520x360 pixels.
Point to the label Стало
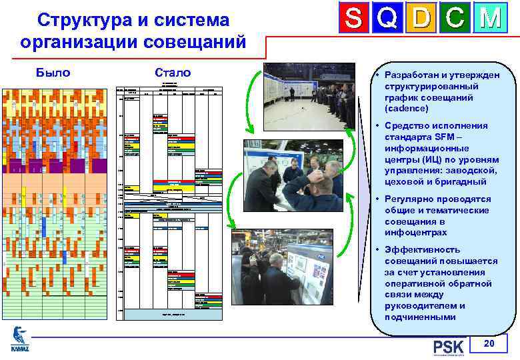click(x=172, y=73)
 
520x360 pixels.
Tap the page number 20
click(x=489, y=343)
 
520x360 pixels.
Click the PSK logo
click(x=448, y=347)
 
